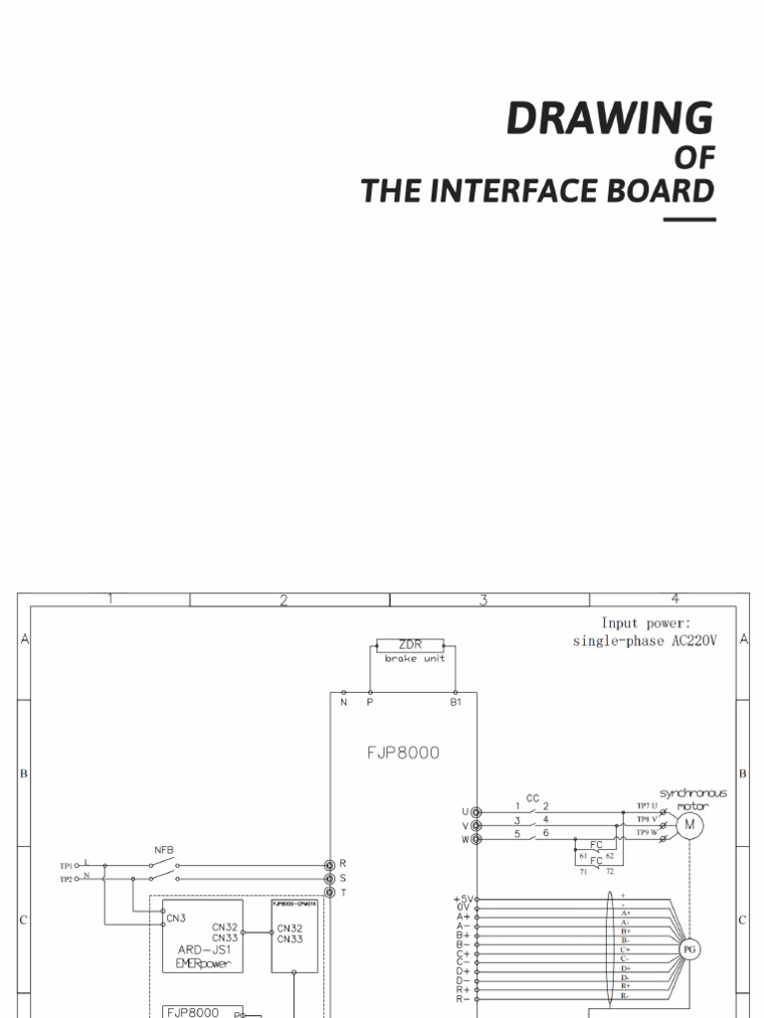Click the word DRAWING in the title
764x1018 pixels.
click(609, 118)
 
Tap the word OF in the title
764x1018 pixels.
click(693, 158)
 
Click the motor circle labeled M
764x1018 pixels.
click(689, 824)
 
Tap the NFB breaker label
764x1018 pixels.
click(164, 850)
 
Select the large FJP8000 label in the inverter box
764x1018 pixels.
click(403, 753)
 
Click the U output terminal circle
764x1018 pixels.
click(476, 812)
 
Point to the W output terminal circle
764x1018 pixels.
click(476, 839)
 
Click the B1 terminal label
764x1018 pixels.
click(457, 703)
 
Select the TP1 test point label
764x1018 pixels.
click(67, 866)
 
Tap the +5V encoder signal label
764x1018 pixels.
click(463, 900)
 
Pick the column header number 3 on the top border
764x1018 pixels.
click(483, 599)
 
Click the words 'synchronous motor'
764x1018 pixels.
click(693, 799)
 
